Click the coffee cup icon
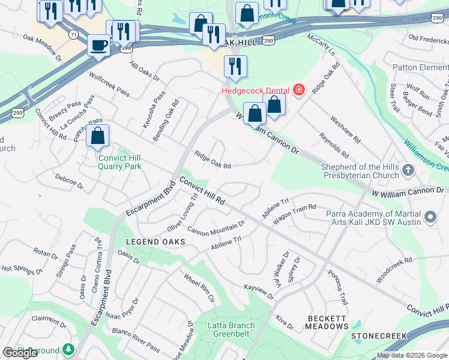[x=98, y=44]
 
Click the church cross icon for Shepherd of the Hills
[x=408, y=170]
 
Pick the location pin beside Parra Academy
[x=430, y=217]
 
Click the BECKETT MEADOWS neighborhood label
[x=327, y=322]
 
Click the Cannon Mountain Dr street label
[x=216, y=227]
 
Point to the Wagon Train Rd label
[x=294, y=214]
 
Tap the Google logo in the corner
[x=20, y=353]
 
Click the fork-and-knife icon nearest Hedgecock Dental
[x=235, y=66]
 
